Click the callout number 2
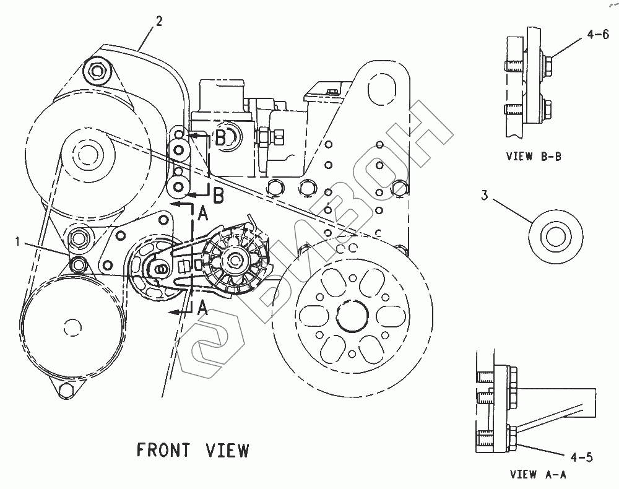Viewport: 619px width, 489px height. click(x=159, y=22)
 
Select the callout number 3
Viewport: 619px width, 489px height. click(x=485, y=196)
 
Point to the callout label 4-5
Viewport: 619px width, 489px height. click(x=582, y=457)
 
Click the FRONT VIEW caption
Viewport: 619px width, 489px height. click(x=193, y=450)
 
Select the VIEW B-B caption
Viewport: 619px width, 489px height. click(x=534, y=157)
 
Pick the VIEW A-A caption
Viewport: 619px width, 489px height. click(x=537, y=475)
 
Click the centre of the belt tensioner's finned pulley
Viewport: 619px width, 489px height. click(x=236, y=260)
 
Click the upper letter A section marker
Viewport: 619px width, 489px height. click(x=202, y=214)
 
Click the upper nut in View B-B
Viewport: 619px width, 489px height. click(x=548, y=61)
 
